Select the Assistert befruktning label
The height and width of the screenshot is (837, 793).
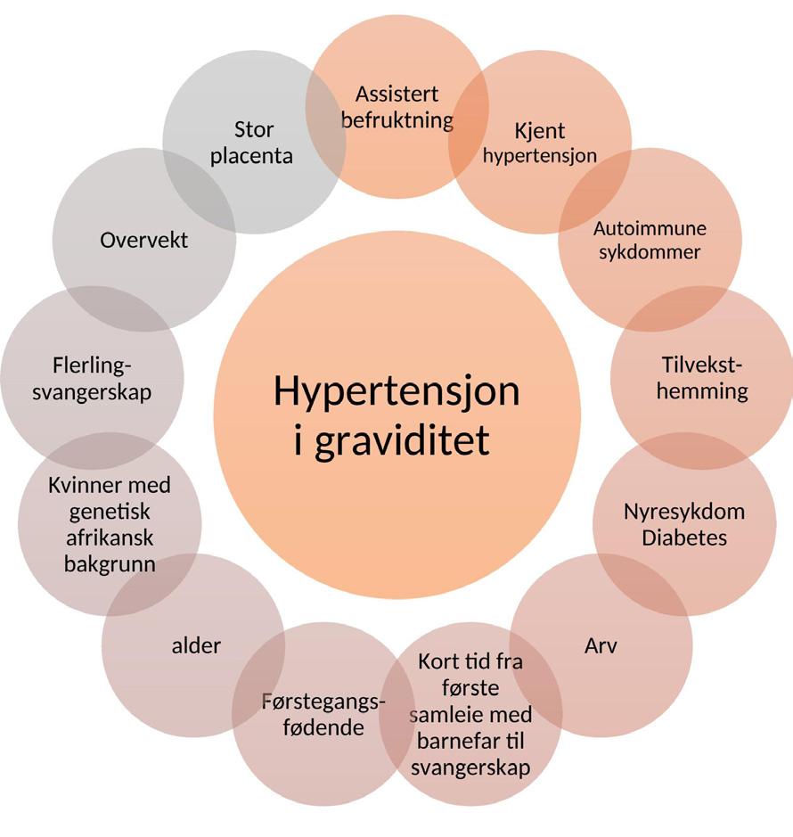(x=397, y=107)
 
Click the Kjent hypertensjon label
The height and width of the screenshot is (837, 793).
(x=540, y=143)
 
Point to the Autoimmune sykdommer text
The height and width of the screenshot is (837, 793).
(x=650, y=240)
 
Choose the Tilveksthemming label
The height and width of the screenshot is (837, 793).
(x=702, y=378)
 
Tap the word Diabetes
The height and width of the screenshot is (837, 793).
(x=684, y=537)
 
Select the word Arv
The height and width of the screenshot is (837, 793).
(x=601, y=645)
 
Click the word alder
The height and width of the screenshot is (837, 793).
(x=196, y=645)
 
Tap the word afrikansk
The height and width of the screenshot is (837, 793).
(x=110, y=538)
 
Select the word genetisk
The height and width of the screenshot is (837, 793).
(x=110, y=512)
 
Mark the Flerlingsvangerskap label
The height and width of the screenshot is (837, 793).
(x=92, y=379)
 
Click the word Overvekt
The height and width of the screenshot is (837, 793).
(x=144, y=240)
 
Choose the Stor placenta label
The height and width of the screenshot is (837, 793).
(x=252, y=143)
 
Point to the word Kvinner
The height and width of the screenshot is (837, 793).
(x=81, y=486)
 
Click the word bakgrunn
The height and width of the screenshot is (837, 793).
(x=110, y=564)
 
